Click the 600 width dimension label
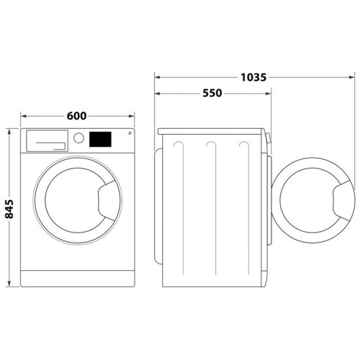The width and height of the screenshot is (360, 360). click(76, 116)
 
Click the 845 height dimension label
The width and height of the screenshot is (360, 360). click(9, 209)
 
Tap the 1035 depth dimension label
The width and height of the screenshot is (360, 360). click(253, 77)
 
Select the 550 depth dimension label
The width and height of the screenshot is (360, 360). click(212, 93)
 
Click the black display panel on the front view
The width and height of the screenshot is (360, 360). click(100, 139)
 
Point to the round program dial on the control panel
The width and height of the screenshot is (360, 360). click(78, 138)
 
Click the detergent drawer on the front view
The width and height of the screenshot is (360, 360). click(47, 141)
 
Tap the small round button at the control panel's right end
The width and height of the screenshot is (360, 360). click(130, 133)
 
